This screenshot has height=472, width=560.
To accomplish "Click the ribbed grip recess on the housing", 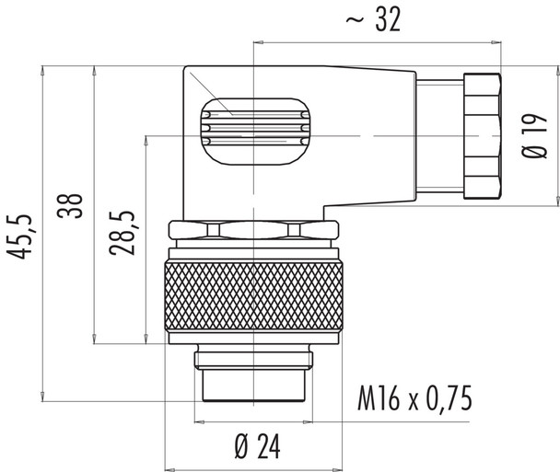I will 253,129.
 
